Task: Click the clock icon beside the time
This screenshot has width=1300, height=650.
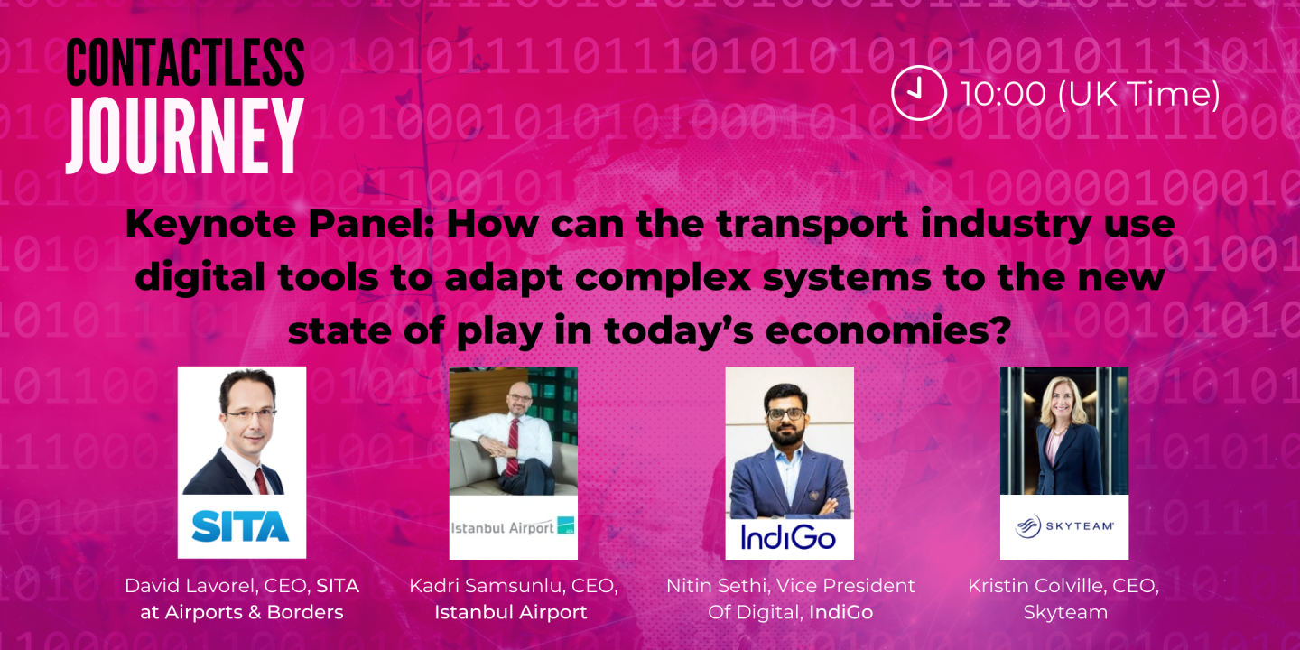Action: tap(918, 93)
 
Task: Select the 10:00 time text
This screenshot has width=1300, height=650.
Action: tap(1002, 94)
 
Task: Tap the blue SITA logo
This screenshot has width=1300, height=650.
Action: tap(241, 525)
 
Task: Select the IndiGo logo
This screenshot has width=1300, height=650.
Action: tap(788, 537)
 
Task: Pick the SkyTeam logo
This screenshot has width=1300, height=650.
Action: tap(1063, 526)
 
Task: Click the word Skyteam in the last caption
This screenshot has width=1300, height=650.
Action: tap(1064, 612)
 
